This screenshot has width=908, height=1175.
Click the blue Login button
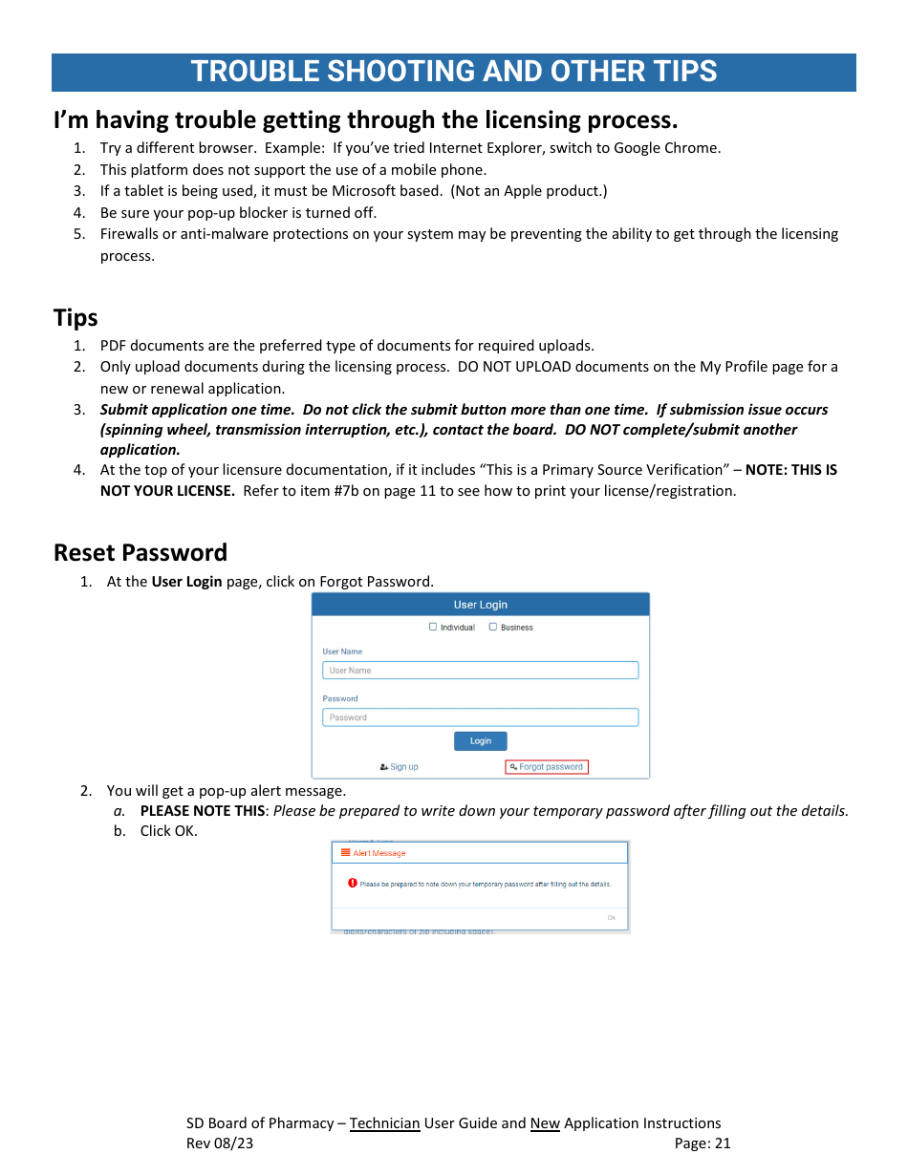tap(480, 741)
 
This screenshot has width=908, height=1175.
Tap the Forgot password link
tap(547, 767)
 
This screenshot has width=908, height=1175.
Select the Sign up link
tap(400, 767)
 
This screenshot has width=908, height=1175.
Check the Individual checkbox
tap(433, 628)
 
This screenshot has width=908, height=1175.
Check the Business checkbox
tap(493, 628)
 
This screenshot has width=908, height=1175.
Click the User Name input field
tap(480, 671)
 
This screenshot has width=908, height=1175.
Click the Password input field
tap(480, 717)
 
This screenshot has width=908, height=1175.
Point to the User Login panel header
tap(480, 605)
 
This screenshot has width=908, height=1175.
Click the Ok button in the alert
tap(612, 918)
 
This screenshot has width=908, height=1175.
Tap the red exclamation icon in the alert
tap(353, 884)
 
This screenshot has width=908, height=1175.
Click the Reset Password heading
tap(141, 553)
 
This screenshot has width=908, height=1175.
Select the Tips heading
tap(76, 318)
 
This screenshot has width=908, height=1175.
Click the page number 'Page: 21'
tap(702, 1143)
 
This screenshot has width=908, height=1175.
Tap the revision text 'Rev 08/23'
tap(220, 1143)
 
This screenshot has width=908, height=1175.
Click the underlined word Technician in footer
tap(384, 1123)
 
